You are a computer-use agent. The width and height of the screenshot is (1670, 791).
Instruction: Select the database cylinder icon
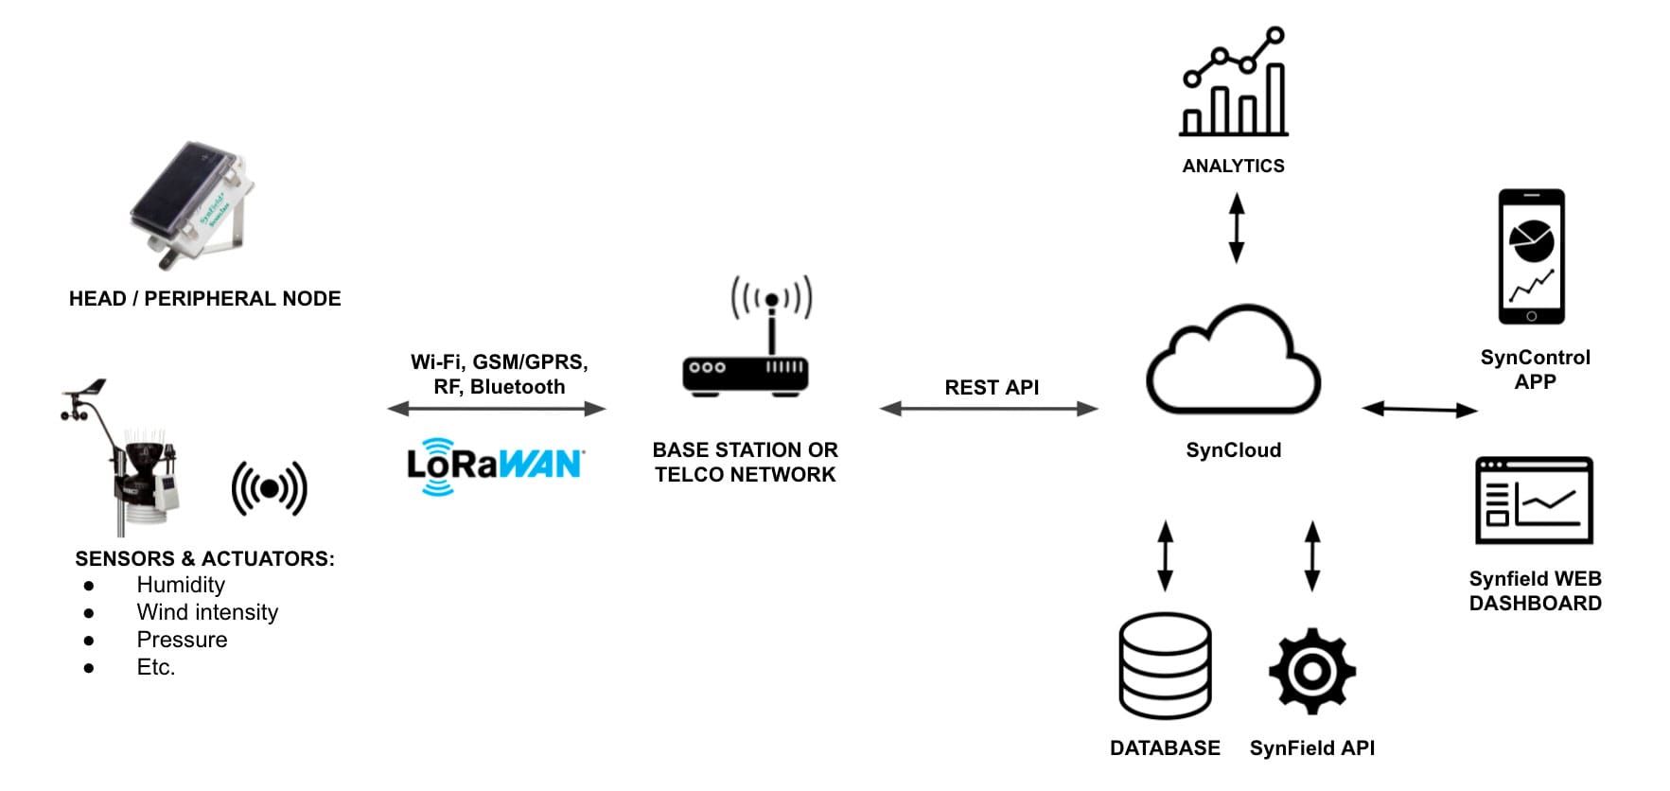1164,665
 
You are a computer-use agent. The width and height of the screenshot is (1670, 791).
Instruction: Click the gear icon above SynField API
1311,670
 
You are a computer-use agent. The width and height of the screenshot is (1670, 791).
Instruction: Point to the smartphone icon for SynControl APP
1531,256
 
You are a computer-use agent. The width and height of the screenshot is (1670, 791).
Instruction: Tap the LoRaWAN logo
494,465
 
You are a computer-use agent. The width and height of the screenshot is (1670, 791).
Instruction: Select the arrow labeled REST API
989,409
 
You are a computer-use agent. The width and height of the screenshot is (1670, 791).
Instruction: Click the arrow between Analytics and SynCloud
1236,228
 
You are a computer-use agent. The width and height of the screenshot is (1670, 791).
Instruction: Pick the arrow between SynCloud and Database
1165,555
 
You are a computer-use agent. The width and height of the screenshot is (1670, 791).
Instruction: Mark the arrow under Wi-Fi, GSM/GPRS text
497,409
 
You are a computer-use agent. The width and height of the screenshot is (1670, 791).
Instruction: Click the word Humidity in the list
181,585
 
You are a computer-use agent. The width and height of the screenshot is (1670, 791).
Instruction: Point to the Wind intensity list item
207,612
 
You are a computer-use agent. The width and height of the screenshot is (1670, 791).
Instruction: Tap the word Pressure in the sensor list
182,640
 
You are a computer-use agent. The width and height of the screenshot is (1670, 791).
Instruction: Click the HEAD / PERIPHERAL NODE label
204,299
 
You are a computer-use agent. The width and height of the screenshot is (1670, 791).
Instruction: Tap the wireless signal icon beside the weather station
270,488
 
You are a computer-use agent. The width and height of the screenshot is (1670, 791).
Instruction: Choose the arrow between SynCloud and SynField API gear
1311,555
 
